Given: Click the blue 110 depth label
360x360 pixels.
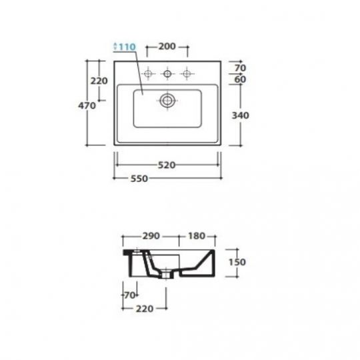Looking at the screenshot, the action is pos(127,47).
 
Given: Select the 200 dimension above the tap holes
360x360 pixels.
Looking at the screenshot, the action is pos(167,47).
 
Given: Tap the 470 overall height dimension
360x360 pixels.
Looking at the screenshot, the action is pos(87,105).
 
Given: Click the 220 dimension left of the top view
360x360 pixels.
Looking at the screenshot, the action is pos(99,81).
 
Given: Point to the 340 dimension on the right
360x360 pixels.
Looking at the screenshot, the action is pos(241,115).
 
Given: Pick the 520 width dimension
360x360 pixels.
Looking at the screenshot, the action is pos(167,165).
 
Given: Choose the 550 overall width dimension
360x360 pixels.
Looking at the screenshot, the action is pos(139,179).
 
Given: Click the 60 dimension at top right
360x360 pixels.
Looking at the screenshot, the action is pos(240,79).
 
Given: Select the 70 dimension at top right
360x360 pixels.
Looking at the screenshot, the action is pos(241,68).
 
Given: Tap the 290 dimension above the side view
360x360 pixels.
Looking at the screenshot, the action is pos(151,236).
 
